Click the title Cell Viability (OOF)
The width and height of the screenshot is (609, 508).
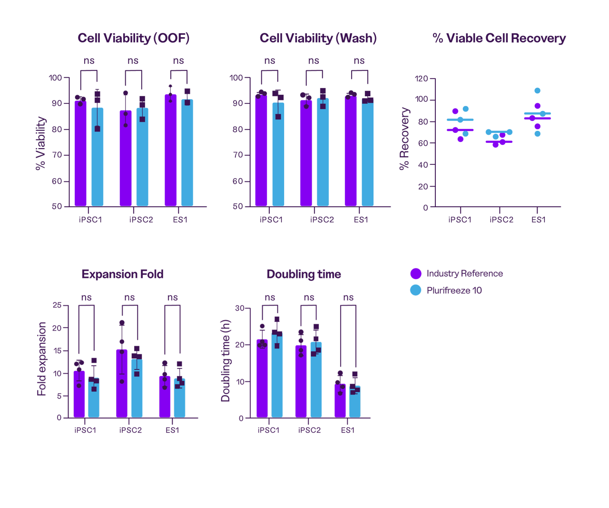134,38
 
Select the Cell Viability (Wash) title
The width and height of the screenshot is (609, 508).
318,38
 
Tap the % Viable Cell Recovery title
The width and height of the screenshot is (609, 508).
499,38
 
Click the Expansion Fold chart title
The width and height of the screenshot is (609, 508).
122,274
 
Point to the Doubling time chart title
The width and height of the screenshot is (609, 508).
304,274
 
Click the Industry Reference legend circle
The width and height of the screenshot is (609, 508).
416,274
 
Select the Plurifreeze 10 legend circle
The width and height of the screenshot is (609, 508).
416,290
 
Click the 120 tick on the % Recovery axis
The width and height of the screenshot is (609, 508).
422,79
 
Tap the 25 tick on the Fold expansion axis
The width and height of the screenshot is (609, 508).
57,305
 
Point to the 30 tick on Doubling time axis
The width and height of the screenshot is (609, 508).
239,309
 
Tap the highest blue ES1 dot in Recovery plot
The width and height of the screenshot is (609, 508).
537,90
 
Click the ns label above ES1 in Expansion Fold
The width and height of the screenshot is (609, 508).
172,298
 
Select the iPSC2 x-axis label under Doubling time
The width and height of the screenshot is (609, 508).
309,430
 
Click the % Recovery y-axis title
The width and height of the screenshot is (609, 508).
404,139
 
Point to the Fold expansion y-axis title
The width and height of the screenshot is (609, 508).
42,359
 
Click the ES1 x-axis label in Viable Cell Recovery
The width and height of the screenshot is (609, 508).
539,219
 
